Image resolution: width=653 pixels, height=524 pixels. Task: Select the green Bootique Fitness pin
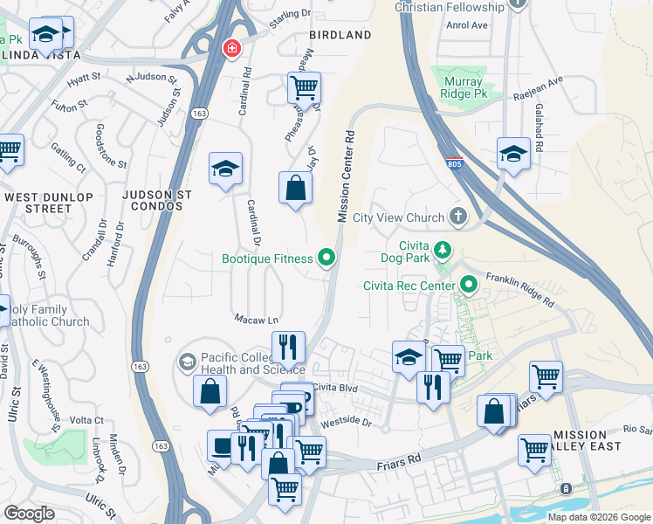pos(326,258)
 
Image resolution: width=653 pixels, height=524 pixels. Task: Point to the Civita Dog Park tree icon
pos(443,252)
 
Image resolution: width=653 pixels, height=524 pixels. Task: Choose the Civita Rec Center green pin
pos(469,285)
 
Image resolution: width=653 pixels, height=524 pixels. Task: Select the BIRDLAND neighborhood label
pos(340,35)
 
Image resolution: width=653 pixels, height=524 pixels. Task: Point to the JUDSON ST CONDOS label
pos(154,200)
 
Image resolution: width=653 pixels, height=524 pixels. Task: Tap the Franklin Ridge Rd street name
pos(520,289)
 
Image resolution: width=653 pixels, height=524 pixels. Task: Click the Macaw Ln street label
pos(255,320)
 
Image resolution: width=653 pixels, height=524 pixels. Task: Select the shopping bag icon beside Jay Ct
pos(295,187)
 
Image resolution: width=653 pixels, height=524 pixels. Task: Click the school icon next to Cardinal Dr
pos(225,169)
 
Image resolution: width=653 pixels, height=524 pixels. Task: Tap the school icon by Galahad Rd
pos(513,154)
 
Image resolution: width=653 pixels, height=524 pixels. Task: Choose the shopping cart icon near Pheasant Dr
pos(303,87)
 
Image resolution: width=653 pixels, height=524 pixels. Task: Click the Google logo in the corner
pos(30,513)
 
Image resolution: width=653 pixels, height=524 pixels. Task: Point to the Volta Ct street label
pos(86,420)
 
